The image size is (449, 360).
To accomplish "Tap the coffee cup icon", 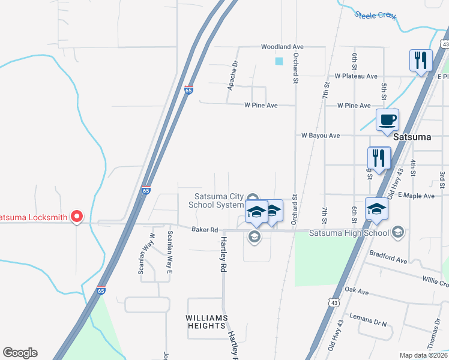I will click(387, 119).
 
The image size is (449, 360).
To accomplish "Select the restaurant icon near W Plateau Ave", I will click(420, 60).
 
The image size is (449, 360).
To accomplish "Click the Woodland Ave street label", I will click(282, 47).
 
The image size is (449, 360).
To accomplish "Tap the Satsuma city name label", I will click(412, 137).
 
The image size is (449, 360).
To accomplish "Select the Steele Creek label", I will click(375, 15).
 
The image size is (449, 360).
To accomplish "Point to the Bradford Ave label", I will click(388, 257).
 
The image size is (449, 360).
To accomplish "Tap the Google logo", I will click(20, 353).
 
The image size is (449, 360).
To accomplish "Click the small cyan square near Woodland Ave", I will click(279, 61).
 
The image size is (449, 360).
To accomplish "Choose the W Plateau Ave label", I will click(356, 76).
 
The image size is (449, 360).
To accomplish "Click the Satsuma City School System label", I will click(216, 200).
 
